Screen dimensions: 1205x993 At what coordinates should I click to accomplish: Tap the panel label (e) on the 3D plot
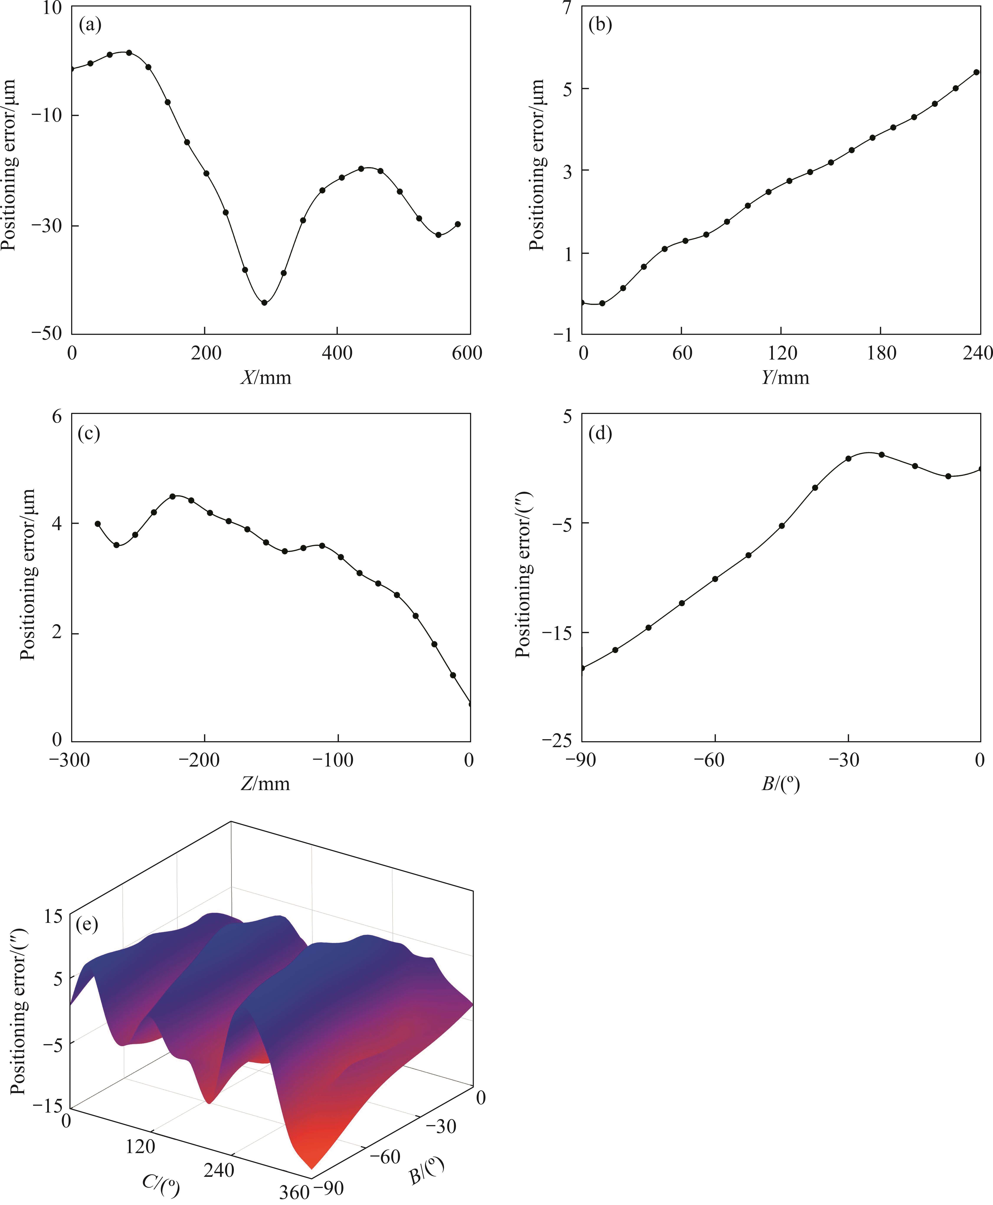(87, 923)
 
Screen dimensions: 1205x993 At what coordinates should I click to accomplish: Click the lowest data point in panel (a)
(264, 302)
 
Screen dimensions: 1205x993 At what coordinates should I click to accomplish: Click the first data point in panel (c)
(98, 524)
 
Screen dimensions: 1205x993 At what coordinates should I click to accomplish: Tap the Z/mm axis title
(265, 783)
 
